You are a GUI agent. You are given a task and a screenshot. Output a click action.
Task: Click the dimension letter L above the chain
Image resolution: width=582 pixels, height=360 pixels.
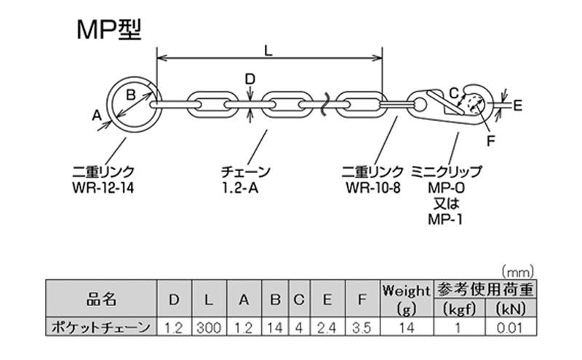pos(268,52)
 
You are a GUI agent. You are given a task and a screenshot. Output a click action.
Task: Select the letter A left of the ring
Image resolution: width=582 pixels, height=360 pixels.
pos(97,114)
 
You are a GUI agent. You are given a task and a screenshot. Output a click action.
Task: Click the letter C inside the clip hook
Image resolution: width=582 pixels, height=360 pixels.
pos(453,92)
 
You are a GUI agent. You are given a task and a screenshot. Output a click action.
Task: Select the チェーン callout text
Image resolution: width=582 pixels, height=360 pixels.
pos(245,173)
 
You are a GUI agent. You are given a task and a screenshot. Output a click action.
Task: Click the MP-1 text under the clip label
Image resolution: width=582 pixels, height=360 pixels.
pos(446,219)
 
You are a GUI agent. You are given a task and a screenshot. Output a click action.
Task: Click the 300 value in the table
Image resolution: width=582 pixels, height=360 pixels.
pos(209,328)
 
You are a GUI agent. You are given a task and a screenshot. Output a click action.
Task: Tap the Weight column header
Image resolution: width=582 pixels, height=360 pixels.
pos(406,291)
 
